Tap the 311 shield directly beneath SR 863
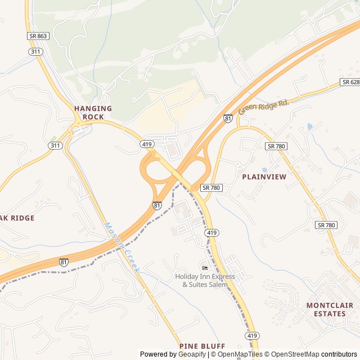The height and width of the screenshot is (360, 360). [x=35, y=51]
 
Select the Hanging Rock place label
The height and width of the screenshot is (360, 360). [x=93, y=112]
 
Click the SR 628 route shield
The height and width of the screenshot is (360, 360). [x=349, y=82]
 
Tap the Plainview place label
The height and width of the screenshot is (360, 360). [x=264, y=177]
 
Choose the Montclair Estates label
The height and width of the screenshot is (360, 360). [x=330, y=309]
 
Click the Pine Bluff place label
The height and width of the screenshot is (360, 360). [x=202, y=346]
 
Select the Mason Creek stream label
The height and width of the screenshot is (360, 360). [x=121, y=247]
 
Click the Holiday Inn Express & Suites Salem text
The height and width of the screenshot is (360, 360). [x=201, y=280]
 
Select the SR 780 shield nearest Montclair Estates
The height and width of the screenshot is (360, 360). [x=326, y=225]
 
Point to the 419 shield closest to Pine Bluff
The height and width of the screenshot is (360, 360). [x=251, y=335]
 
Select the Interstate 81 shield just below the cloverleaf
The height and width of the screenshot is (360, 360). [x=157, y=206]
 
